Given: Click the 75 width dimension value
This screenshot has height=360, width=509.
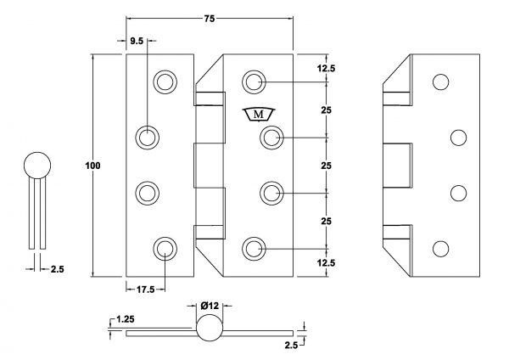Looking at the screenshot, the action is pyautogui.click(x=210, y=19).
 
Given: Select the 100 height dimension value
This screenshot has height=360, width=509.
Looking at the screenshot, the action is pyautogui.click(x=92, y=166).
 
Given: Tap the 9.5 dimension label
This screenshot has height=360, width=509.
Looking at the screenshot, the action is pyautogui.click(x=137, y=42).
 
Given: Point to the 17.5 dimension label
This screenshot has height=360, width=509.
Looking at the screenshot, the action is pyautogui.click(x=145, y=290).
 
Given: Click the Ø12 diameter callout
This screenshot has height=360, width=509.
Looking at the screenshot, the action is pyautogui.click(x=210, y=306).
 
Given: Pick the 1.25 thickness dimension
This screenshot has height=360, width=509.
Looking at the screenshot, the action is pyautogui.click(x=125, y=319).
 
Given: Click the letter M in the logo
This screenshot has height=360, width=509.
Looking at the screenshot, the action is pyautogui.click(x=259, y=115).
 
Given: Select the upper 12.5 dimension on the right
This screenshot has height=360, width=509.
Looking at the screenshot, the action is pyautogui.click(x=326, y=69).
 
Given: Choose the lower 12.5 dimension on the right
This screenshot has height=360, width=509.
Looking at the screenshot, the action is pyautogui.click(x=326, y=263).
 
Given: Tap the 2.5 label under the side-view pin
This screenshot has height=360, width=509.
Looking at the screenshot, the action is pyautogui.click(x=58, y=269).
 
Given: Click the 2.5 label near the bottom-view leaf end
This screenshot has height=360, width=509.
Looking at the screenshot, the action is pyautogui.click(x=291, y=346).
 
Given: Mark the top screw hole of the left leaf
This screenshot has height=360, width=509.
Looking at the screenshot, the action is pyautogui.click(x=165, y=82).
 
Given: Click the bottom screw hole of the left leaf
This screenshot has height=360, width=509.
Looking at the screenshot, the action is pyautogui.click(x=165, y=250).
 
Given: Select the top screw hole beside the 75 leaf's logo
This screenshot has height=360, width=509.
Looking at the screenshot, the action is pyautogui.click(x=254, y=82).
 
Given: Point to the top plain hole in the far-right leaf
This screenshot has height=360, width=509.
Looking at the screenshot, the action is pyautogui.click(x=441, y=82).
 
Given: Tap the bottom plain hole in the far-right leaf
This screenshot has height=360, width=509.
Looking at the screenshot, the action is pyautogui.click(x=441, y=250).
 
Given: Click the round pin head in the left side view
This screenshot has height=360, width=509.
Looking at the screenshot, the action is pyautogui.click(x=37, y=166).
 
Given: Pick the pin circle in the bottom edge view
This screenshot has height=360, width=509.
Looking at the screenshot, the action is pyautogui.click(x=210, y=328).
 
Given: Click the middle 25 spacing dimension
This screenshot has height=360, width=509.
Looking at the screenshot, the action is pyautogui.click(x=327, y=166).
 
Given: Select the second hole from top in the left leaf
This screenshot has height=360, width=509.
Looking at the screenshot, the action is pyautogui.click(x=147, y=138).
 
